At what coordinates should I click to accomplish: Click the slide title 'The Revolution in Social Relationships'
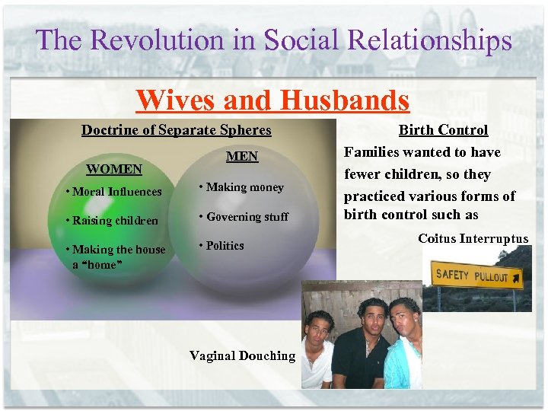tap(273, 40)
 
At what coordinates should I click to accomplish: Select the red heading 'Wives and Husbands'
tap(272, 100)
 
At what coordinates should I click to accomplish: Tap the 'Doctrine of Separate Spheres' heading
tap(176, 129)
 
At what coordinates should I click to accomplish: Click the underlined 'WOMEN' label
tap(114, 168)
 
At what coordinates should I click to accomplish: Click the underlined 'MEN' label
tap(242, 156)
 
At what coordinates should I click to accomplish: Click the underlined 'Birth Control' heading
tap(443, 130)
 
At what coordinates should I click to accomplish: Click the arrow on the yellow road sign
tap(517, 281)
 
